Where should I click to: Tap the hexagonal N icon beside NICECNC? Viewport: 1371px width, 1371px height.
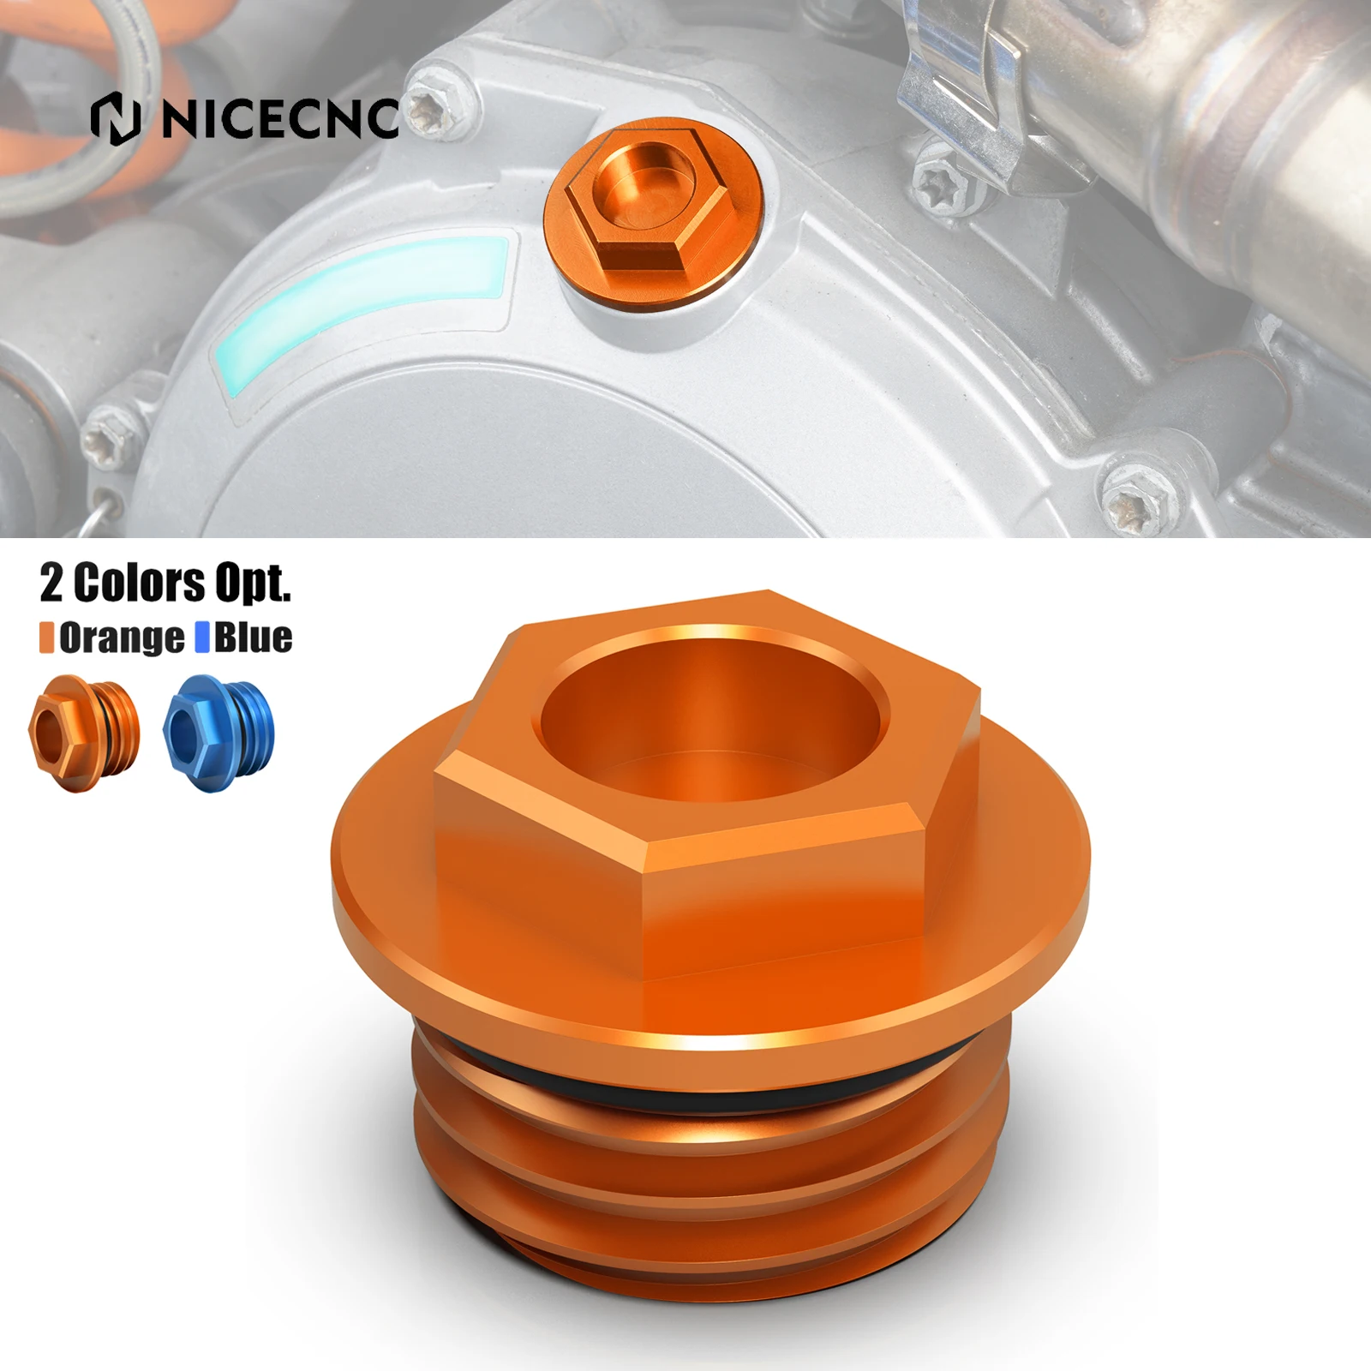(x=115, y=119)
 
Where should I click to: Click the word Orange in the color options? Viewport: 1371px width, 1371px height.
(x=121, y=638)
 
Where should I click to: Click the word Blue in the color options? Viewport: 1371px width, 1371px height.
(x=253, y=638)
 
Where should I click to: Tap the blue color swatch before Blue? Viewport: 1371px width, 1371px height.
(x=202, y=638)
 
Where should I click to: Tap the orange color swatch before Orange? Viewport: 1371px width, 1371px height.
(x=46, y=638)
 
